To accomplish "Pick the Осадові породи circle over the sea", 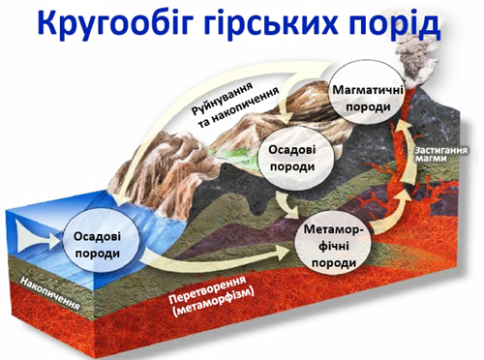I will point(95,245).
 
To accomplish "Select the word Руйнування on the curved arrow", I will point(227,95).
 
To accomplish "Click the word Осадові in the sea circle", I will point(95,236).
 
